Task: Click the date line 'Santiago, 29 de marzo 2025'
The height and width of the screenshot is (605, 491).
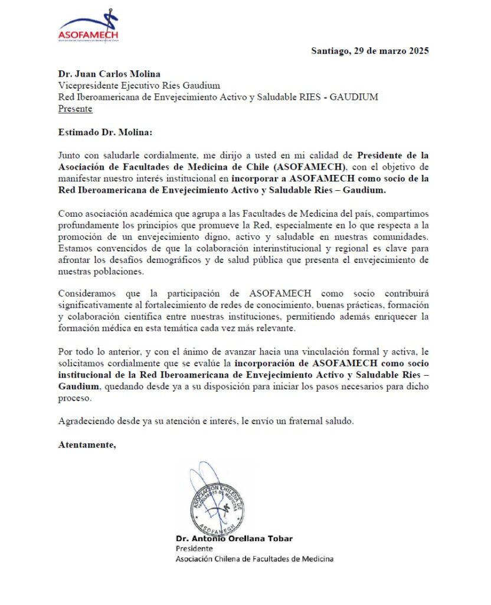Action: pyautogui.click(x=369, y=51)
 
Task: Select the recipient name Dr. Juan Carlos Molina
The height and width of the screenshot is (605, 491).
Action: pyautogui.click(x=109, y=74)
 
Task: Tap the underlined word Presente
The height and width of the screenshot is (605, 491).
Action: pyautogui.click(x=75, y=109)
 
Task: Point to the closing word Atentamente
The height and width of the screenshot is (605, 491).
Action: pyautogui.click(x=87, y=444)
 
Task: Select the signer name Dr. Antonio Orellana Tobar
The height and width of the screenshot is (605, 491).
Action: pyautogui.click(x=234, y=538)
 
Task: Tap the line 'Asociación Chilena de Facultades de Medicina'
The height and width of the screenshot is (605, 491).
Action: pyautogui.click(x=254, y=558)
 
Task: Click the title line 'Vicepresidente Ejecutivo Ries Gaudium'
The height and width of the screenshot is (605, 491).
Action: pyautogui.click(x=139, y=86)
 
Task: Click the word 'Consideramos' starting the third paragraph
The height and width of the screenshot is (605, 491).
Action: pyautogui.click(x=86, y=294)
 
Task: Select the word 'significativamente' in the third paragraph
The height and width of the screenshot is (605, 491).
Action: pyautogui.click(x=96, y=305)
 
